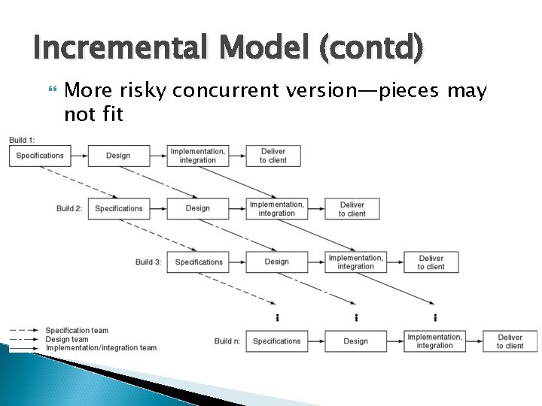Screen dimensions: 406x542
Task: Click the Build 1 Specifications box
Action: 40,156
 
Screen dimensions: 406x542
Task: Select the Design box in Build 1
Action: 118,156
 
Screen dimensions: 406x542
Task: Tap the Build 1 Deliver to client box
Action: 273,156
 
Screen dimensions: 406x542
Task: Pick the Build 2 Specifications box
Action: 119,208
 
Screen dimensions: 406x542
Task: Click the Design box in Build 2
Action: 197,208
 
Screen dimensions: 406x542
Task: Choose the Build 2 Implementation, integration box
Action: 277,208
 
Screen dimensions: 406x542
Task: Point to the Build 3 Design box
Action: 276,262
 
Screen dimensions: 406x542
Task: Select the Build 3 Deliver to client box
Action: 431,262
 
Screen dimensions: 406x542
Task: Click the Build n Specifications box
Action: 276,341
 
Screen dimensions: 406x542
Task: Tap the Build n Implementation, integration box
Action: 434,341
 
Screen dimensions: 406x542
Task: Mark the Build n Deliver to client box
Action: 510,341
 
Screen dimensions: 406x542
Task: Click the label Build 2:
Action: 69,208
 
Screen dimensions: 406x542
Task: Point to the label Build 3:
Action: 148,262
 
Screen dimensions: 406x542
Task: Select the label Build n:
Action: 227,341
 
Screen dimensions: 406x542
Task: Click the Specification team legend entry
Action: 77,331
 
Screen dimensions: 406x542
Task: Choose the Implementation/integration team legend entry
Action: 101,347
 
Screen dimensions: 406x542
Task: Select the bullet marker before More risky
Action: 51,91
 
